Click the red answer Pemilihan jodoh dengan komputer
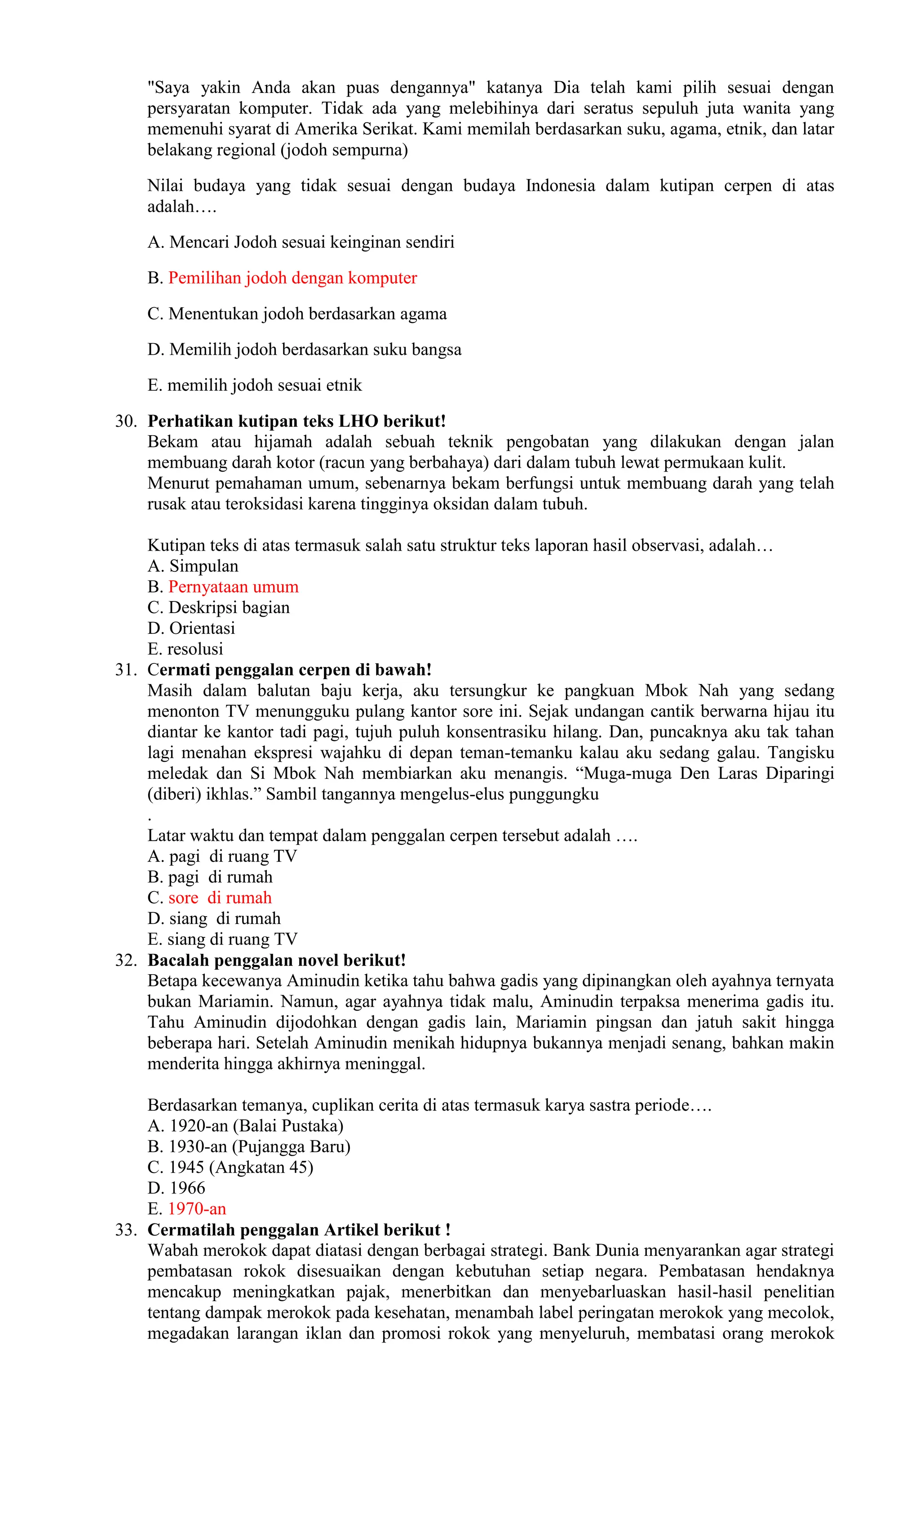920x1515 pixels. click(293, 278)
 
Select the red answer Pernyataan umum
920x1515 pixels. click(234, 587)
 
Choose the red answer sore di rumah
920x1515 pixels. click(220, 898)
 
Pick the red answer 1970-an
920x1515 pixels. click(197, 1209)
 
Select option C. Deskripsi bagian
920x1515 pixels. click(218, 607)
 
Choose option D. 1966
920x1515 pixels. click(177, 1188)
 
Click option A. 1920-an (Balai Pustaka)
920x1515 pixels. click(245, 1126)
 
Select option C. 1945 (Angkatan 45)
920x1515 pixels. click(230, 1167)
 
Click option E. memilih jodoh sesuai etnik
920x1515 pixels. click(255, 385)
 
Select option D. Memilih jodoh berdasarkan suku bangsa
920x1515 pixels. click(305, 350)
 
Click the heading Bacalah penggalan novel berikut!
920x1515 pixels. click(277, 960)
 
